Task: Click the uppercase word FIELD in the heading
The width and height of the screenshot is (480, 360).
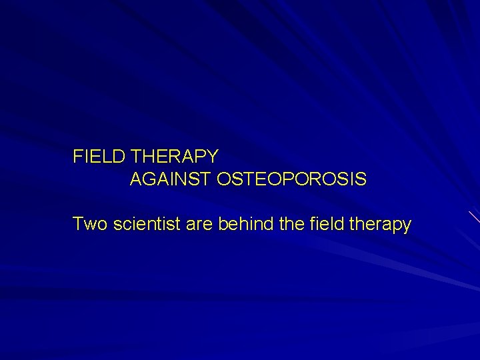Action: pos(101,157)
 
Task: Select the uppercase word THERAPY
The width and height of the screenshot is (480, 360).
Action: pos(175,157)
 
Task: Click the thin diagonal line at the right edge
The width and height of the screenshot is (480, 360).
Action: pos(473,217)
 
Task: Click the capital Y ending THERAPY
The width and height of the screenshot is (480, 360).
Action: pos(211,157)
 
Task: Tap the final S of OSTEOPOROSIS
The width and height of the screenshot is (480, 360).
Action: pos(361,180)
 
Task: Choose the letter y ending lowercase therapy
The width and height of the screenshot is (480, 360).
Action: pos(407,227)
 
